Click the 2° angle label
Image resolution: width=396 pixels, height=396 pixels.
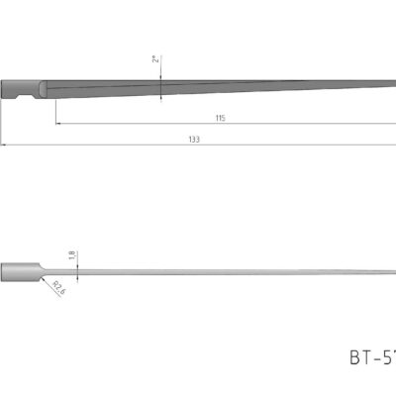point(155,59)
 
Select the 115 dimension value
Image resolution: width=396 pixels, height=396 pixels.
point(220,118)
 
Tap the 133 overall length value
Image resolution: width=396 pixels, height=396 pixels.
point(193,140)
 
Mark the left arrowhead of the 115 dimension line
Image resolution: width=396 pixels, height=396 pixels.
point(57,124)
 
